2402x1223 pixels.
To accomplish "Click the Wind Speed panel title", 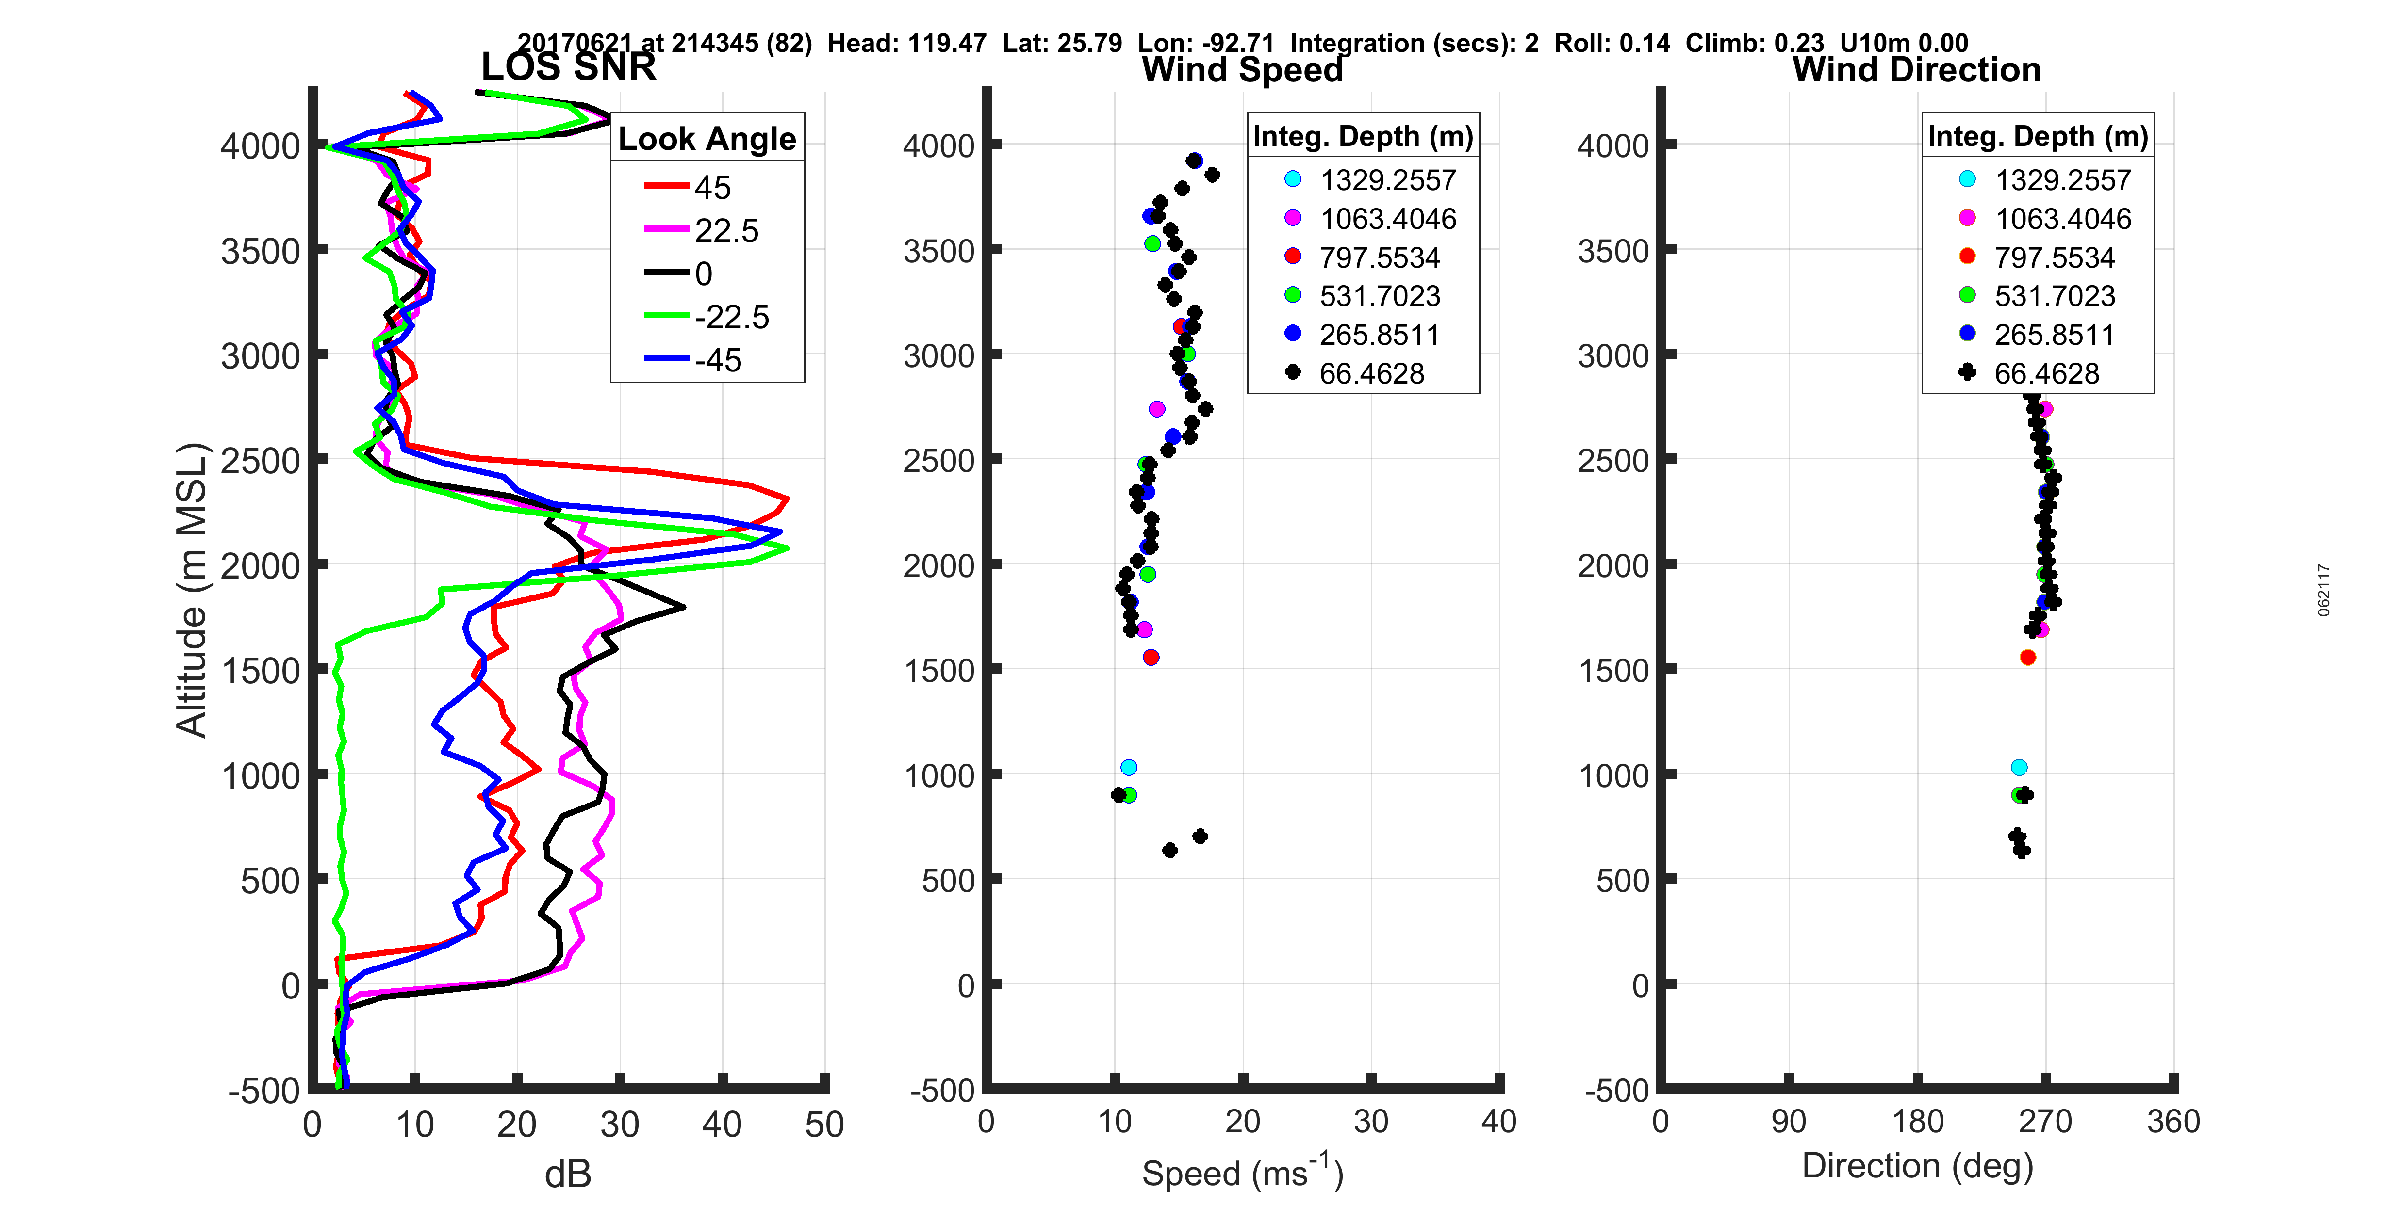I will pyautogui.click(x=1242, y=70).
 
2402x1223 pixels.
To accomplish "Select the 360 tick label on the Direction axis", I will pyautogui.click(x=2172, y=1121).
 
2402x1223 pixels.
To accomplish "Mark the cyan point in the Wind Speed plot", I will pyautogui.click(x=1128, y=767).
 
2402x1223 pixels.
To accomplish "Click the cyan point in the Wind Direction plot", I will pyautogui.click(x=2019, y=767).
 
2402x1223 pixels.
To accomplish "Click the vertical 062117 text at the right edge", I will pyautogui.click(x=2324, y=590).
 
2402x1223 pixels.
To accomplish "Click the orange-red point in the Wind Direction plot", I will pyautogui.click(x=2027, y=657).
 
